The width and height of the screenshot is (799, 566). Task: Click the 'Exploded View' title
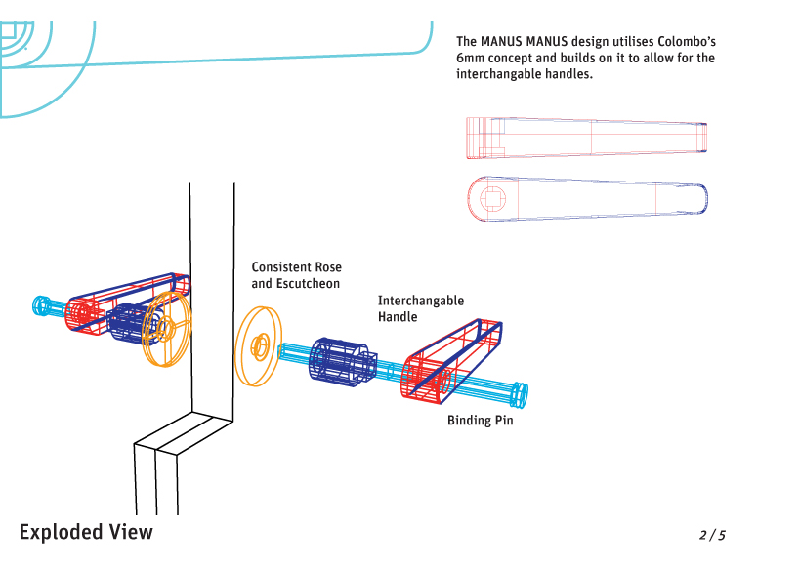pos(86,532)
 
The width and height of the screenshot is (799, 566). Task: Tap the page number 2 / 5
pos(712,535)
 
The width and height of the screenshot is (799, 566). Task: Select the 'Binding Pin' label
pos(480,421)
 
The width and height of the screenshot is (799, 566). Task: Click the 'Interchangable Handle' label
pos(420,308)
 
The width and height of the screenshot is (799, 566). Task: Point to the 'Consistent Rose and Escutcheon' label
pos(296,275)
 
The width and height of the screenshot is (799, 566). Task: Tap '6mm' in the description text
pos(472,59)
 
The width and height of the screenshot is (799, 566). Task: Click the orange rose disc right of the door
pos(258,345)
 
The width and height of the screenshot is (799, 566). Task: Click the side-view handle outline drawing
pos(586,138)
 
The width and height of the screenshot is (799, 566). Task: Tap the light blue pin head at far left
pos(43,305)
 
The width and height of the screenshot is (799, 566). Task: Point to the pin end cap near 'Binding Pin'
pos(520,394)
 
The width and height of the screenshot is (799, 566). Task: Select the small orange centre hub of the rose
pos(261,344)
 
